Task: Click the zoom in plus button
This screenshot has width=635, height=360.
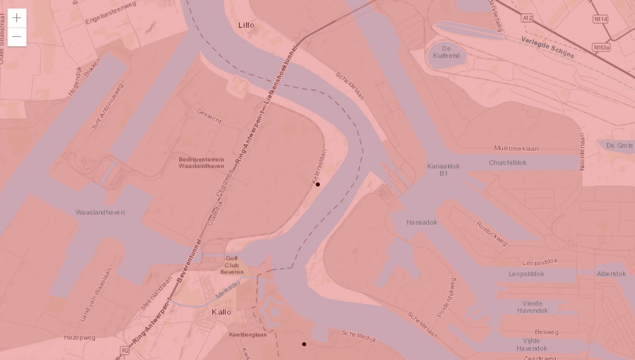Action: point(17,18)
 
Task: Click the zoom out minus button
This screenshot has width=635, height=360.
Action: point(17,37)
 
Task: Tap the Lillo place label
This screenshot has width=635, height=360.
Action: point(246,25)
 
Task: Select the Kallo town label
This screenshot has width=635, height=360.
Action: point(221,312)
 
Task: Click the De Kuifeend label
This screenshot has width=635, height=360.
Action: point(446,52)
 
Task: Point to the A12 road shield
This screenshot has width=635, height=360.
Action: point(527,18)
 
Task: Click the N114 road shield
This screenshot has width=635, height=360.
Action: point(600,19)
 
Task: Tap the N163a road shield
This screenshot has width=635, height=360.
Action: point(601,47)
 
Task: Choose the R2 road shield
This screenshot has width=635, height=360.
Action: point(125,351)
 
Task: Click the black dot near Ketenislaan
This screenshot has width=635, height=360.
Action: point(318,184)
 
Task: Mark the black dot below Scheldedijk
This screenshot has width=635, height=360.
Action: point(304,344)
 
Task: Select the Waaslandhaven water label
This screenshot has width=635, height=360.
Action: point(100,212)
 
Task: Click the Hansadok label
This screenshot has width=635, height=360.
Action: point(422,222)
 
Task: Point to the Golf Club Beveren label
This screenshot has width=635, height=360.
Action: point(232,265)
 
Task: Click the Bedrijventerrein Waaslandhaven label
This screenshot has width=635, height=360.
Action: point(202,162)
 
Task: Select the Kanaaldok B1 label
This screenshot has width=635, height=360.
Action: point(443,170)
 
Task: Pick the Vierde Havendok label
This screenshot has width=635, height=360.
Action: point(532,307)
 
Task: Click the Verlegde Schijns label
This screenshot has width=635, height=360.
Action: point(548,47)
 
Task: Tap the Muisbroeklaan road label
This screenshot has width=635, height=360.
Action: point(516,149)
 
